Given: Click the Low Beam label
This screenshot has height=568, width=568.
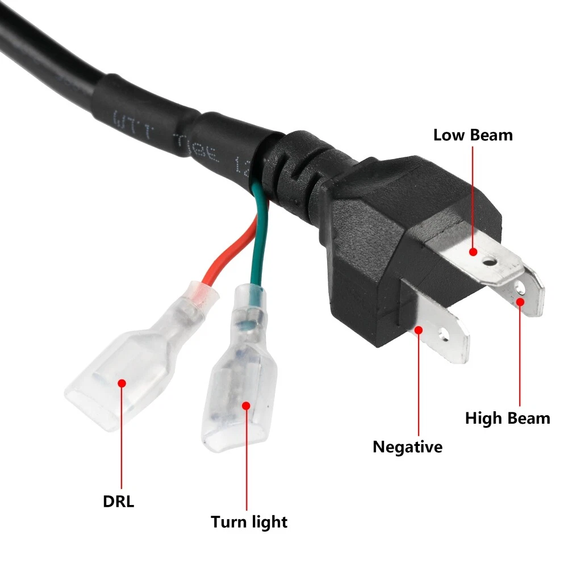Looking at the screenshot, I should tap(473, 135).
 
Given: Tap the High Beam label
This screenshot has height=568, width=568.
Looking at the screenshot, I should tap(507, 419).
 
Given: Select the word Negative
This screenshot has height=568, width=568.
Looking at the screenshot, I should tap(407, 447).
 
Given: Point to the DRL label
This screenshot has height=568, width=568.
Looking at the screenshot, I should tap(119, 502).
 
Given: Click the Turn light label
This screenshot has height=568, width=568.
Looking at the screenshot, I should tap(249, 522).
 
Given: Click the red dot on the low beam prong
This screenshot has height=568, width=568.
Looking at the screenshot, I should tap(473, 252).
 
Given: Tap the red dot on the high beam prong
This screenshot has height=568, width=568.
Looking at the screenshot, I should tap(519, 302).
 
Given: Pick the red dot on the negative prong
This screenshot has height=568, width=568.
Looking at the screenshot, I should tap(419, 329).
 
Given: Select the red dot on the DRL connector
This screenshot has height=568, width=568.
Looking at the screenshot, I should tap(121, 383).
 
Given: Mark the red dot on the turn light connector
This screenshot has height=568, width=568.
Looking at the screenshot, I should tap(246, 406).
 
